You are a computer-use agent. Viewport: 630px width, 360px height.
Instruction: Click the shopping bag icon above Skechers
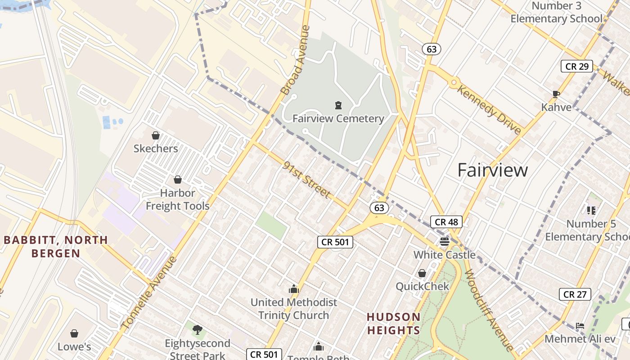[x=156, y=135]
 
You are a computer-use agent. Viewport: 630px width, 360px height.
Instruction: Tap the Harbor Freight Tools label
[x=178, y=199]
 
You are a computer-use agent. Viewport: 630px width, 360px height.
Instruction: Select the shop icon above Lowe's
[x=74, y=333]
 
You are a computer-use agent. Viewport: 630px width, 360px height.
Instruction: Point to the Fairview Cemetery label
[x=338, y=119]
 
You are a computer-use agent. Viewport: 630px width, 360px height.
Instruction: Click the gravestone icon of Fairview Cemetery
[x=338, y=106]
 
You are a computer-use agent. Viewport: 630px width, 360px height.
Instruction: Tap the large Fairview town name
[x=493, y=170]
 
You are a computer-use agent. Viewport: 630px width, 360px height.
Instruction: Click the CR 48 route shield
[x=446, y=222]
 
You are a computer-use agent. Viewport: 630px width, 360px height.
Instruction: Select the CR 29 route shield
[x=576, y=66]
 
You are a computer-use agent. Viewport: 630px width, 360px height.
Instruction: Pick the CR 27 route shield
[x=575, y=294]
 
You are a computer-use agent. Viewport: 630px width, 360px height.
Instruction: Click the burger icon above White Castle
[x=445, y=242]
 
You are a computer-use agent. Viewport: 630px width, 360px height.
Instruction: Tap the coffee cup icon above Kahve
[x=556, y=94]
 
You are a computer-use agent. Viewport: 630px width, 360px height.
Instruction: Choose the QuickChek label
[x=422, y=286]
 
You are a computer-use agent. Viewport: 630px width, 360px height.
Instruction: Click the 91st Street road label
[x=307, y=180]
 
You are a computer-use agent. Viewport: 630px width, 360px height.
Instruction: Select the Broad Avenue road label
[x=295, y=60]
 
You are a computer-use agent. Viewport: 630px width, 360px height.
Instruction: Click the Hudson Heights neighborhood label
[x=393, y=324]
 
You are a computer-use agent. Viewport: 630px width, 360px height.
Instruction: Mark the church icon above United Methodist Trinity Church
[x=294, y=289]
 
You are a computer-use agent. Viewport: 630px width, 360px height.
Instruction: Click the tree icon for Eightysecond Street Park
[x=197, y=330]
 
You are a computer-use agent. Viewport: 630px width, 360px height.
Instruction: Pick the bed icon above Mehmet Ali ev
[x=580, y=326]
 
